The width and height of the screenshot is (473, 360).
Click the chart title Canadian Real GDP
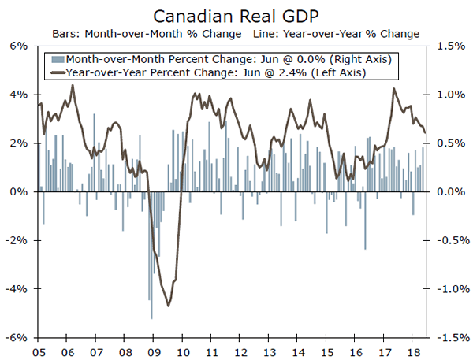pos(236,16)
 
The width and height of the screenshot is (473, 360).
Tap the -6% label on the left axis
pos(17,338)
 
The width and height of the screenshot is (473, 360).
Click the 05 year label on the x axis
pos(39,351)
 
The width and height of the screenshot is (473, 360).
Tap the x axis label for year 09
pos(154,351)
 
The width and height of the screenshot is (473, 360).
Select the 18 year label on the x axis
pos(413,351)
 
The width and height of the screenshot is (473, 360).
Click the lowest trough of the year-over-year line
pos(168,306)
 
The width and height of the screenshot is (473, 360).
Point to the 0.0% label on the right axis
pos(446,192)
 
